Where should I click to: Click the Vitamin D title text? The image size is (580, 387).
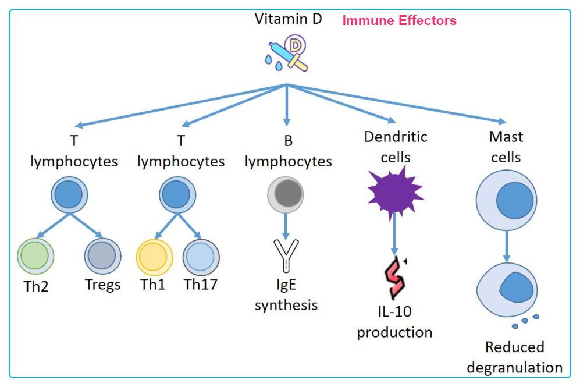click(288, 19)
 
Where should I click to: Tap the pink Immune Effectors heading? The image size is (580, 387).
click(399, 21)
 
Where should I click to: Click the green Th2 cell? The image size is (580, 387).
click(35, 257)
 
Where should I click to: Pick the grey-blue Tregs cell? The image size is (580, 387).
click(102, 257)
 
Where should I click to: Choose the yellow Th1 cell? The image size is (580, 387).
click(154, 257)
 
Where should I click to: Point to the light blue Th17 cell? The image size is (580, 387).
click(201, 257)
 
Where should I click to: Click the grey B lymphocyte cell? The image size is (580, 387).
click(285, 194)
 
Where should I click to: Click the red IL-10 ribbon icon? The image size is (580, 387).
click(395, 275)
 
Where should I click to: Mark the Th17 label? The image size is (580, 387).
click(201, 285)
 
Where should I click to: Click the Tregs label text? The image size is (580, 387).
click(102, 285)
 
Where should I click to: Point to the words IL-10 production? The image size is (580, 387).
click(394, 322)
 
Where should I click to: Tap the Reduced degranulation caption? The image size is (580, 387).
click(514, 357)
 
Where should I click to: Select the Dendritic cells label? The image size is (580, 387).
click(396, 147)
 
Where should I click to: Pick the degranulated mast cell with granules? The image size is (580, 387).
click(506, 289)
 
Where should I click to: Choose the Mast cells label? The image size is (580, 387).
click(506, 147)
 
